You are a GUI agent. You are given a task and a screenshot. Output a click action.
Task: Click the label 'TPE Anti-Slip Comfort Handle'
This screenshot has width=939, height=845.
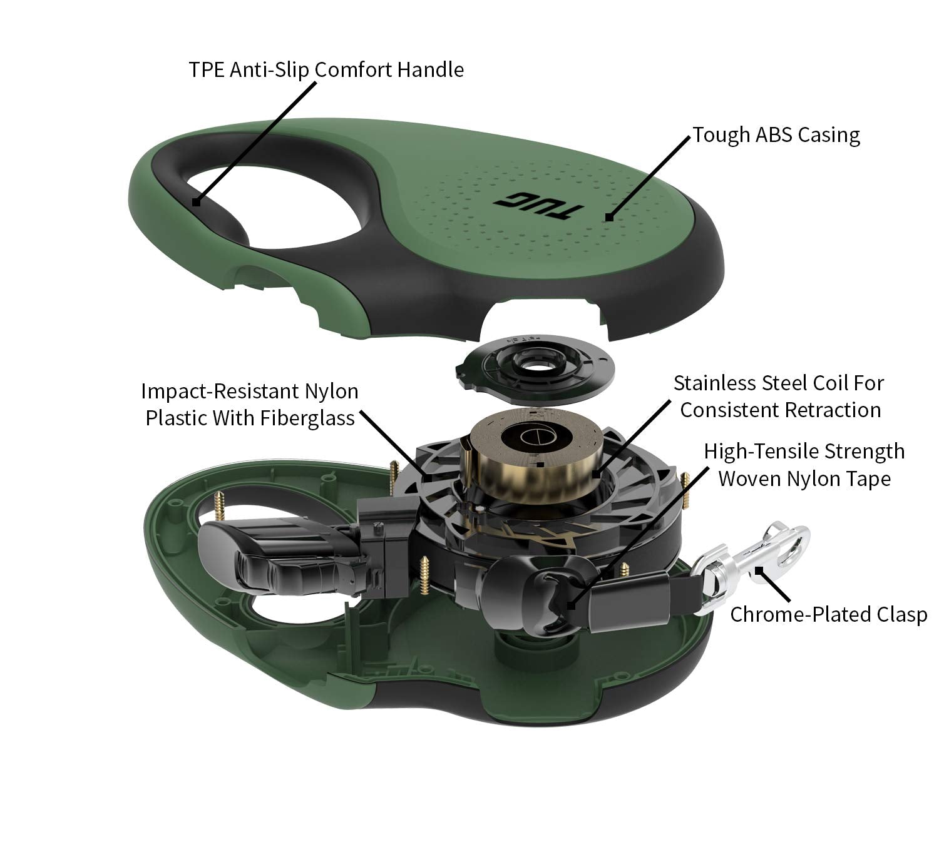pos(326,69)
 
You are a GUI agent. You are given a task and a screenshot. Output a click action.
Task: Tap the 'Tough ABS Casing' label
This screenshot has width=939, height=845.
pos(776,134)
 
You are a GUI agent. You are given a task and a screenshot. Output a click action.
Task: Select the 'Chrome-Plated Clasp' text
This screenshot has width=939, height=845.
pos(828,614)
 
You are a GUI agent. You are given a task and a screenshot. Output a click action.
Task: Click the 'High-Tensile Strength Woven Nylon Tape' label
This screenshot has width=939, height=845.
pos(804,465)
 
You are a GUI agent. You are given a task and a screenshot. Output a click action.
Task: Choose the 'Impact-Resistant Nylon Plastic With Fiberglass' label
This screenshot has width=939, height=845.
pos(250,404)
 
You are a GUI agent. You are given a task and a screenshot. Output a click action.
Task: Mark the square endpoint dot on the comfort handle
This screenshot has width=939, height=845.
pos(196,202)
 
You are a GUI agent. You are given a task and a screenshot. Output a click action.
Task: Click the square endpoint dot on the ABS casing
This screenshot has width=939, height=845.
pos(608,218)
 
